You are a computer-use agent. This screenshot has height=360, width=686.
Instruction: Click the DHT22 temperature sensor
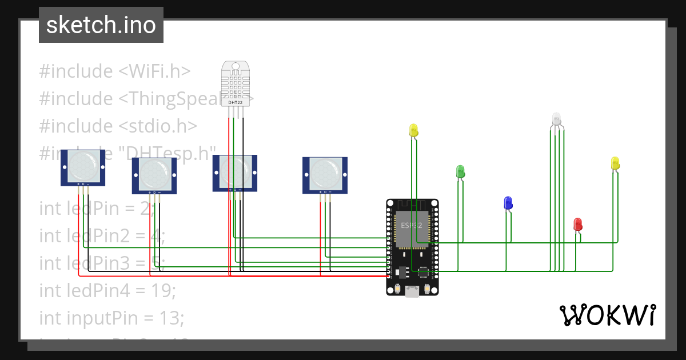point(236,83)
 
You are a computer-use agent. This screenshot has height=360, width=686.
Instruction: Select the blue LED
point(508,203)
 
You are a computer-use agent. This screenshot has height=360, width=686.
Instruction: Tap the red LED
point(578,224)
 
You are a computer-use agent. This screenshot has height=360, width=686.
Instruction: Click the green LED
point(460,171)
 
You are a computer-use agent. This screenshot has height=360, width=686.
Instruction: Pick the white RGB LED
point(557,119)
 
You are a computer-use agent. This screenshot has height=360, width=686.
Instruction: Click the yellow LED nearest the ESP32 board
point(414,130)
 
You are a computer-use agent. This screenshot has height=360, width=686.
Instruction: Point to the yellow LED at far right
point(615,163)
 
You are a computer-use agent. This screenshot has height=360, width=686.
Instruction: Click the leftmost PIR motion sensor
point(83,167)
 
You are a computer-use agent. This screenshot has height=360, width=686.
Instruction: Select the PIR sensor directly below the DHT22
point(236,172)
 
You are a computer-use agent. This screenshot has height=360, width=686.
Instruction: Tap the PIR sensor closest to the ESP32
point(325,174)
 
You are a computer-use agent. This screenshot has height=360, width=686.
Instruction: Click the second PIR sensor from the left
point(154,175)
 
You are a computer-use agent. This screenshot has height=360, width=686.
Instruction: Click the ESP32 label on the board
point(411,225)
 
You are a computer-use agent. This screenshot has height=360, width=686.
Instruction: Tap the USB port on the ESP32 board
point(412,292)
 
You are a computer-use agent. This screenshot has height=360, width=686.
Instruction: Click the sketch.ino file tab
point(101,25)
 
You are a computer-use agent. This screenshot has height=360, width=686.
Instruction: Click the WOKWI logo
point(607,315)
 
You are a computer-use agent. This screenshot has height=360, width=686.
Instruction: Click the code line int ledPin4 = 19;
point(107,290)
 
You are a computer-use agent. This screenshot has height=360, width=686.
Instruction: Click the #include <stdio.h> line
point(118,126)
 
